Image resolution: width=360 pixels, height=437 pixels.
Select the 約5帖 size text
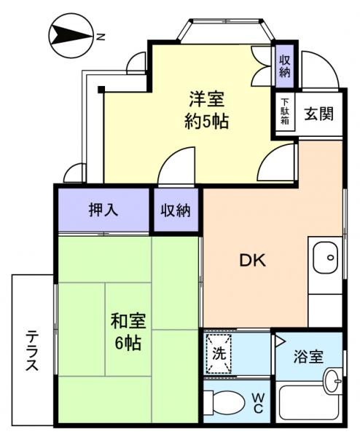[x=206, y=121]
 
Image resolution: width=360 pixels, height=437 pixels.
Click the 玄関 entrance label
[x=319, y=114]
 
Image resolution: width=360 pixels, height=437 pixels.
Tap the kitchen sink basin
[x=326, y=257]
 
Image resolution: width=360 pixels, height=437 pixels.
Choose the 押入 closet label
[x=103, y=210]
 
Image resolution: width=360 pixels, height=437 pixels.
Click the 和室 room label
[x=128, y=320]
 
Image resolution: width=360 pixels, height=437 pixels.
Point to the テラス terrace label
[x=33, y=350]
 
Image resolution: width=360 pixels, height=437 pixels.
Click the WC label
[x=258, y=403]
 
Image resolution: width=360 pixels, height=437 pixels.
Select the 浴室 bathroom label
[x=308, y=358]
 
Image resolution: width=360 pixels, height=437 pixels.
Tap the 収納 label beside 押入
[x=176, y=210]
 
